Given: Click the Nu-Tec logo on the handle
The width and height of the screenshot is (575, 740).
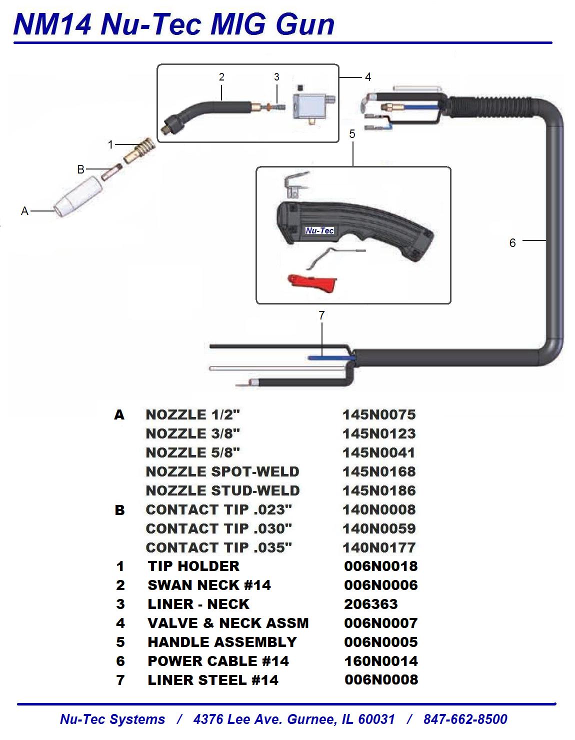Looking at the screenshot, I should (x=319, y=230).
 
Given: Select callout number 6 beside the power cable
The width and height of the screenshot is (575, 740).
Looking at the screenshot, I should (x=512, y=243).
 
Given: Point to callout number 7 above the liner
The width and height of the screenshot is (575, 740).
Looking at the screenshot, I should (x=321, y=315).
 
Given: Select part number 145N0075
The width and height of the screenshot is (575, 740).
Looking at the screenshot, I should (x=379, y=414).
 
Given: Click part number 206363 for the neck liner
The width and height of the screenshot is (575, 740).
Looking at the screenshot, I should (x=370, y=604).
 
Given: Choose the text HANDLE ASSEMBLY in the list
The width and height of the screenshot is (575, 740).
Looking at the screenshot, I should (x=222, y=642).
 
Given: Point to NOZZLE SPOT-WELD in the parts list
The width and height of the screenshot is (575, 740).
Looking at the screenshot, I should (x=222, y=471).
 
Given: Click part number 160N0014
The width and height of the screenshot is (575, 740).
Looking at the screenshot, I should (x=380, y=661).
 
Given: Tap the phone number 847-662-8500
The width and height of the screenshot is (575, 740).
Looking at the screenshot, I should (x=465, y=719).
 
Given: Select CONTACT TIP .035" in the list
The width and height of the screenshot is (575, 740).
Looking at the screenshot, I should (x=218, y=547).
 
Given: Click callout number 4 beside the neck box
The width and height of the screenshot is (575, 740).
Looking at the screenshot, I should (x=368, y=77).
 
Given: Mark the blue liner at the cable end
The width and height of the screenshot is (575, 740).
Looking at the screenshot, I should (x=330, y=357).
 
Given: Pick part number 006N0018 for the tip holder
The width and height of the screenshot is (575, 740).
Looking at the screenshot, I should (x=380, y=566).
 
